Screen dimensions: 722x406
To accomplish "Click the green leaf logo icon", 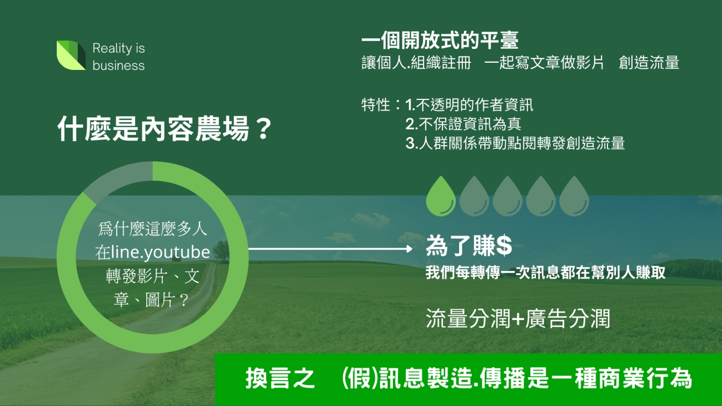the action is click(x=71, y=55).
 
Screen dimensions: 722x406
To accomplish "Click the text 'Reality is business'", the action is click(x=118, y=57).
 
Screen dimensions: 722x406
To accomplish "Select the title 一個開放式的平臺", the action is click(x=440, y=40).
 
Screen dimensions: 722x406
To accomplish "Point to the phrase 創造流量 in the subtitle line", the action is click(x=649, y=62).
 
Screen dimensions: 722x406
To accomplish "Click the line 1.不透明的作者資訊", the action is click(x=469, y=104).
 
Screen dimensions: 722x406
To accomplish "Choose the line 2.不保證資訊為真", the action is click(x=463, y=124).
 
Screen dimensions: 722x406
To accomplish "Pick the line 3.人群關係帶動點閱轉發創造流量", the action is click(x=515, y=143).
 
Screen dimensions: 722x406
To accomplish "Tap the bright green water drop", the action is click(x=441, y=196).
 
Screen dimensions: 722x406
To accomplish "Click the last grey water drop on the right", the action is click(x=574, y=196).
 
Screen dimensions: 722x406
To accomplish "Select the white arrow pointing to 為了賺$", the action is click(x=330, y=249).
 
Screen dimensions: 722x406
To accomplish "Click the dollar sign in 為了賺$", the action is click(x=504, y=245).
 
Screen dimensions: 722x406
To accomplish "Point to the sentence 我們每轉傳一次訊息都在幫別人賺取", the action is click(x=545, y=273).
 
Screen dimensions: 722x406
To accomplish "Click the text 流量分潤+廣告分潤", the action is click(x=518, y=318).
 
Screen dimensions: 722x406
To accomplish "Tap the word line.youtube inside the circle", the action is click(x=160, y=252).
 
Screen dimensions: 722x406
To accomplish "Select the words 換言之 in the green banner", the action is click(x=280, y=378).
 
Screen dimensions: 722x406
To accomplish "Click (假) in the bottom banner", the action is click(x=360, y=378).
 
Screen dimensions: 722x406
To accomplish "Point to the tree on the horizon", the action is click(x=221, y=251).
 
